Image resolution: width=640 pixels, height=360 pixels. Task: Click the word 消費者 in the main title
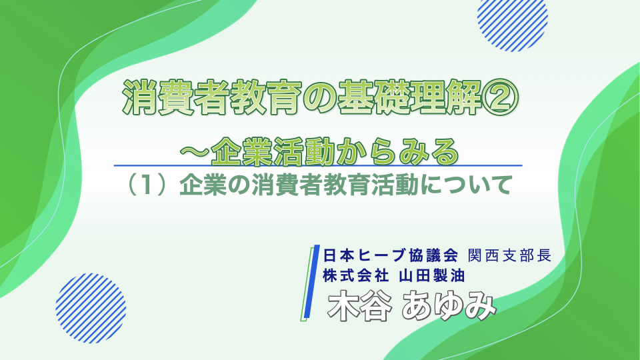(176, 99)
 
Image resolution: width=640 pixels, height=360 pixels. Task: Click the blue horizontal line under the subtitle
(318, 166)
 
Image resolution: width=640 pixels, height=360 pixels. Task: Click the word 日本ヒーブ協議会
(391, 255)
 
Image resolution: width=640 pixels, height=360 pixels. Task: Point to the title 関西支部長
(510, 255)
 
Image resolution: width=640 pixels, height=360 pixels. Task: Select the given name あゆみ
(449, 306)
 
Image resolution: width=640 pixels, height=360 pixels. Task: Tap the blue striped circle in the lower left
(91, 308)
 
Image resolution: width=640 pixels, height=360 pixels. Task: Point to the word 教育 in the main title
(266, 99)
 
